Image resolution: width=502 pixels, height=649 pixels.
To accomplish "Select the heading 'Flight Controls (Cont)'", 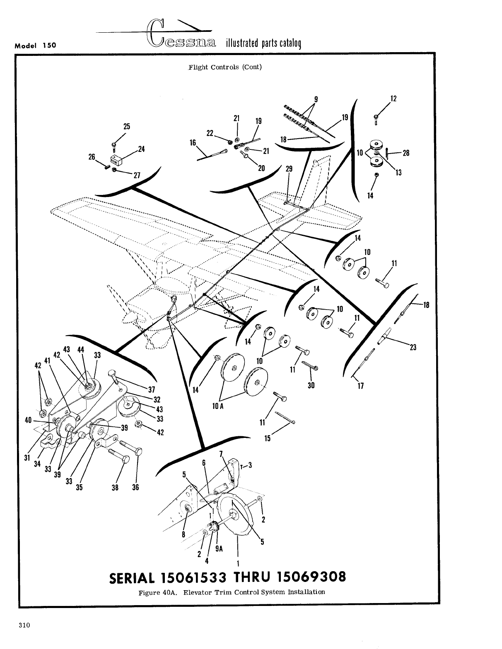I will [x=225, y=67].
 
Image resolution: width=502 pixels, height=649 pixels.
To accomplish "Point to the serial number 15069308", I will [x=311, y=577].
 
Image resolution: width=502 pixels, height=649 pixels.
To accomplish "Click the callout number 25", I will [x=127, y=127].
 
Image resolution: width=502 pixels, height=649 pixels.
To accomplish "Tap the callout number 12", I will [x=393, y=99].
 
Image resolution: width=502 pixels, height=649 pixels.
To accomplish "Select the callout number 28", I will [x=405, y=153].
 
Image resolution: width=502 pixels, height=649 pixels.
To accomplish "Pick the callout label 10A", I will [x=218, y=406].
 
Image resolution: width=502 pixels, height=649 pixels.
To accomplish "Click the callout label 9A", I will [x=219, y=549].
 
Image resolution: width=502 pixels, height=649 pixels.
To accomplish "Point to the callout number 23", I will [x=413, y=348].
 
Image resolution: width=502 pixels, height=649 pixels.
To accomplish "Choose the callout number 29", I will [x=289, y=169].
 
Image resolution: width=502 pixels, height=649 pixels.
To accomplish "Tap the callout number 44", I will [x=81, y=349].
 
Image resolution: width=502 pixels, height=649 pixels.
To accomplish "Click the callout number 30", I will [x=311, y=385].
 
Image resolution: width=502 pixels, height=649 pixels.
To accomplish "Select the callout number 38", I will [x=116, y=487].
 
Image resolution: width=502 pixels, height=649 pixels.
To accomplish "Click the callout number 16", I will [x=193, y=143].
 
